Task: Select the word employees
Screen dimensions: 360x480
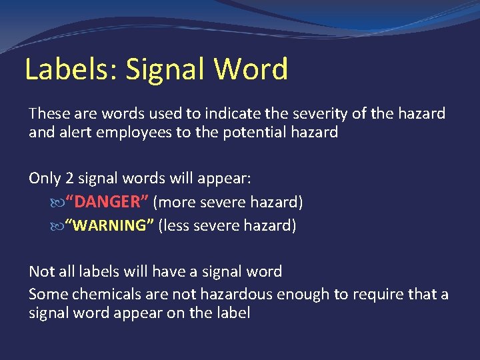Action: [129, 132]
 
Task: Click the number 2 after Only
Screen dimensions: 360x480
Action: [71, 179]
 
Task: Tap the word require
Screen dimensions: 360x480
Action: [377, 294]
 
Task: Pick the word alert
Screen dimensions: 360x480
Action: [74, 132]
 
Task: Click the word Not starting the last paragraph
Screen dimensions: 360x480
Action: [41, 271]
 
